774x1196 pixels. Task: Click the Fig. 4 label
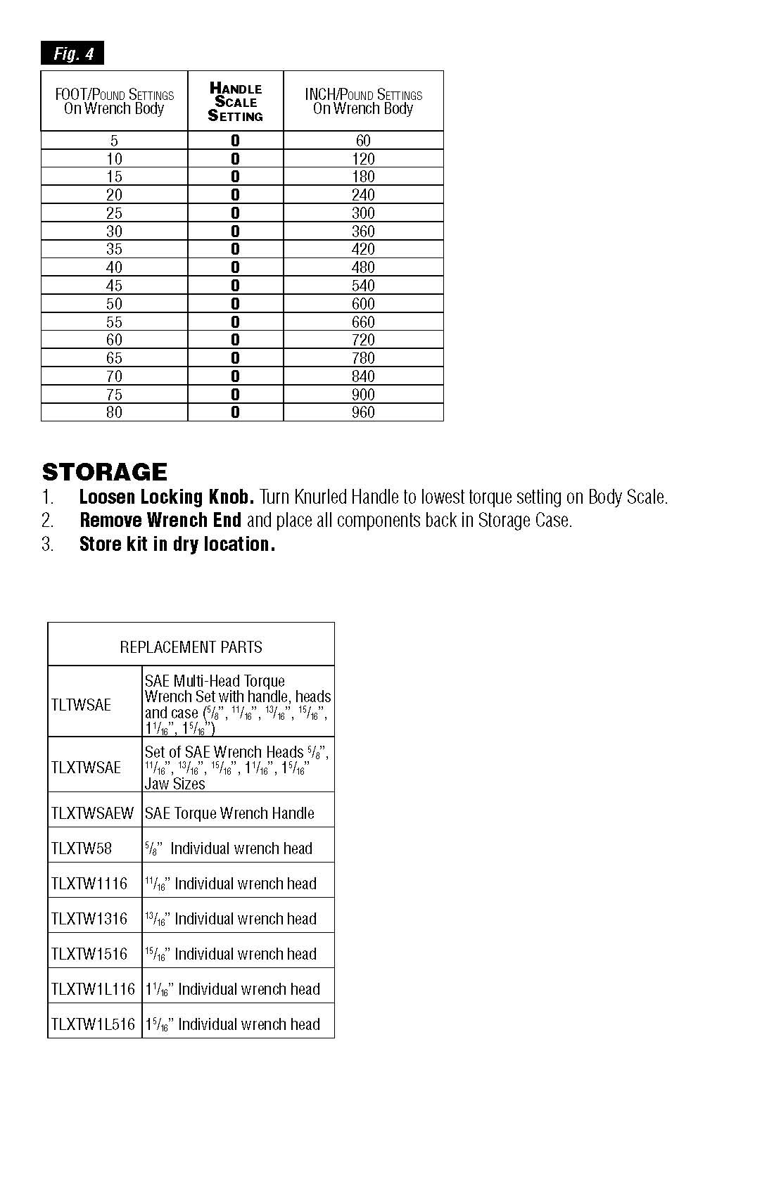coord(72,53)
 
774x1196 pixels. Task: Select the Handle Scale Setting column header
coord(235,102)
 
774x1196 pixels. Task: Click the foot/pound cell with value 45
coord(114,286)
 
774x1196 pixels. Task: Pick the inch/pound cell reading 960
coord(363,412)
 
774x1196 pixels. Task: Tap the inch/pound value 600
coord(363,304)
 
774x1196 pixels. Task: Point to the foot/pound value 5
coord(114,141)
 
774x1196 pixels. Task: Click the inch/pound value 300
coord(363,213)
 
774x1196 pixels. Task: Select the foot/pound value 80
coord(114,412)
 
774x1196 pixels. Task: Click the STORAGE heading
coord(105,471)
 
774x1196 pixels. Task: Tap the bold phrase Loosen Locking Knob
coord(166,497)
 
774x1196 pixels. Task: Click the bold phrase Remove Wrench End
coord(160,521)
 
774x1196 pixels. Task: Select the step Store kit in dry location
coord(177,544)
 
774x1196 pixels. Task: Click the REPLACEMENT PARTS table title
coord(191,647)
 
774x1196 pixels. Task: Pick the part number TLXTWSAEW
coord(92,813)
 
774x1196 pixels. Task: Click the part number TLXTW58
coord(82,848)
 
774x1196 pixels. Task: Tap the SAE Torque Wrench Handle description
coord(229,813)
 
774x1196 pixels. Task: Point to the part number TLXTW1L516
coord(93,1024)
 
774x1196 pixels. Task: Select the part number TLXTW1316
coord(89,919)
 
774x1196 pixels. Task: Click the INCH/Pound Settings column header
coord(363,101)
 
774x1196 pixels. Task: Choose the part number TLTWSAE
coord(81,705)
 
